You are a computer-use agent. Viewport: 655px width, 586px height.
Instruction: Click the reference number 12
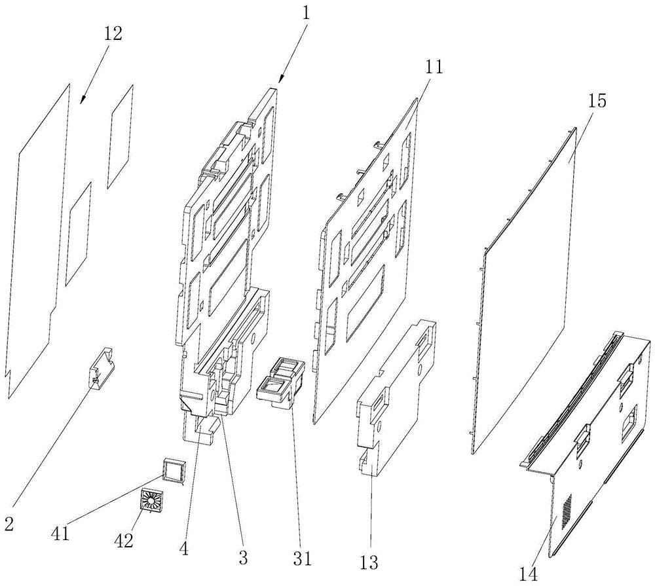112,34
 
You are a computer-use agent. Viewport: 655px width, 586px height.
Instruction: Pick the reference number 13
368,562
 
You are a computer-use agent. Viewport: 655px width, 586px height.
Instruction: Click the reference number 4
184,549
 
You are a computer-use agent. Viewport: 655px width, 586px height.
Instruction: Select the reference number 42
124,541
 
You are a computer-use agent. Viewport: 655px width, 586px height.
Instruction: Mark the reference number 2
9,523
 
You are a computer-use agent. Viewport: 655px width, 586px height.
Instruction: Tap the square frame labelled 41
174,471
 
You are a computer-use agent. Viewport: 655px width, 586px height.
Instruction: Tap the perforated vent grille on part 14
564,510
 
